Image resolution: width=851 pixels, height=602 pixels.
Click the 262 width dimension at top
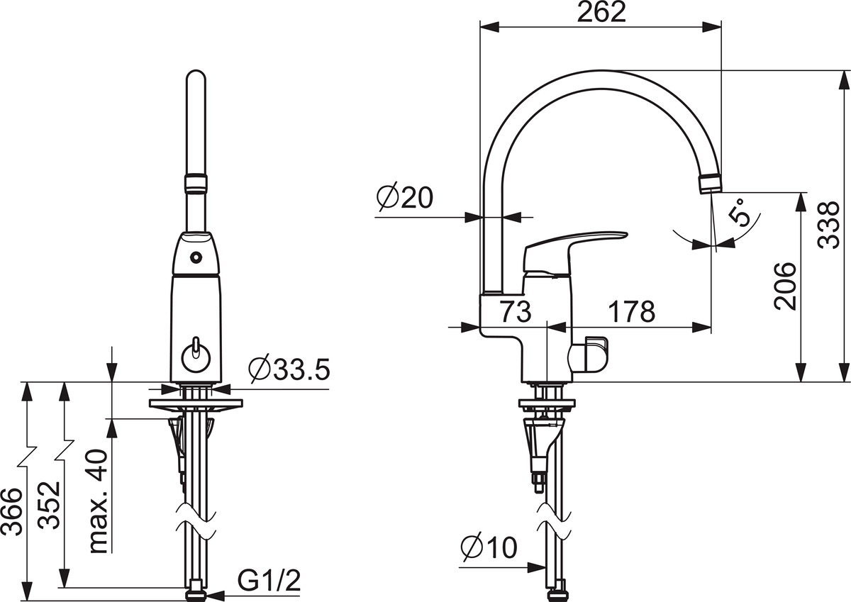pos(601,12)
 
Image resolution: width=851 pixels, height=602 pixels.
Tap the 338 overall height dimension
pos(828,225)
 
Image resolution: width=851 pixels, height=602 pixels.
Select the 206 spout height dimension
pos(784,286)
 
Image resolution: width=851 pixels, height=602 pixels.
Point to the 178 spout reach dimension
pos(632,311)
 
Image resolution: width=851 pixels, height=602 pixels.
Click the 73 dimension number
pos(515,311)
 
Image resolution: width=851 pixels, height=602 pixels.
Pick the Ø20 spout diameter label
pos(405,198)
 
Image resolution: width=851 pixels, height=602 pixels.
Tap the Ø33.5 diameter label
pos(289,369)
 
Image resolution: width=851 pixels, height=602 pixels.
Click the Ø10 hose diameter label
pos(489,547)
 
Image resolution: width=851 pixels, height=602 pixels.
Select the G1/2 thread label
pos(269,580)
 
